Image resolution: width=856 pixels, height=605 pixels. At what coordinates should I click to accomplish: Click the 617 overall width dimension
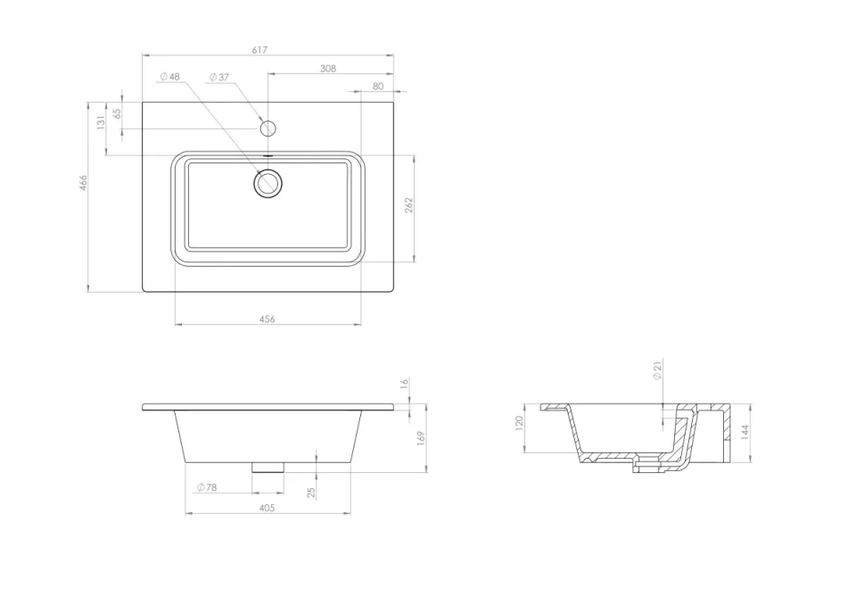[259, 50]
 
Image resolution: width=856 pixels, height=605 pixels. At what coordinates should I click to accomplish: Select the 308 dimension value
[328, 68]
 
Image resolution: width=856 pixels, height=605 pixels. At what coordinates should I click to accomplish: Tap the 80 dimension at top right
[378, 86]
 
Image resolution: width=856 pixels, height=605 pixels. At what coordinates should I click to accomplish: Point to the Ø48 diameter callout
[169, 77]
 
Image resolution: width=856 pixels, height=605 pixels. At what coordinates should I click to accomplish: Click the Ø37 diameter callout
[218, 77]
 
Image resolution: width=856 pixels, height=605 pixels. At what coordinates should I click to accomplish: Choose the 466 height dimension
[83, 183]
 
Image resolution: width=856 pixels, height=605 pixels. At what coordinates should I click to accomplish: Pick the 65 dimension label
[117, 114]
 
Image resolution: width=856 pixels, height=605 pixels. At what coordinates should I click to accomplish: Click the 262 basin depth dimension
[409, 206]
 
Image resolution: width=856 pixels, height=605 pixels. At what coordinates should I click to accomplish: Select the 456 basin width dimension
[267, 319]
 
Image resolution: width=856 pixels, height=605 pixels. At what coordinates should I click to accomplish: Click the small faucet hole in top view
[267, 128]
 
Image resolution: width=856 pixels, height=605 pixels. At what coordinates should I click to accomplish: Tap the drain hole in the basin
[267, 184]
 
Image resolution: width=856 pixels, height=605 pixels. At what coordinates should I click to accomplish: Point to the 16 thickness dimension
[404, 384]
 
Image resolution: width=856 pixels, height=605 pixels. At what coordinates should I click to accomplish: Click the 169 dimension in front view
[420, 437]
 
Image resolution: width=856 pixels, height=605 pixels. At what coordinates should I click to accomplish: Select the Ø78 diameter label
[206, 487]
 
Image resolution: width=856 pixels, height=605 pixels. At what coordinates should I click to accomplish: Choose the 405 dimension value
[267, 508]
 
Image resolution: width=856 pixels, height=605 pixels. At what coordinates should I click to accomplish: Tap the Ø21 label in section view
[657, 371]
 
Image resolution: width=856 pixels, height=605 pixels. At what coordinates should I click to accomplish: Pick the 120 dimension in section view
[519, 423]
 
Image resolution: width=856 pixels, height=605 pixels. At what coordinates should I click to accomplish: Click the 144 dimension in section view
[745, 432]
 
